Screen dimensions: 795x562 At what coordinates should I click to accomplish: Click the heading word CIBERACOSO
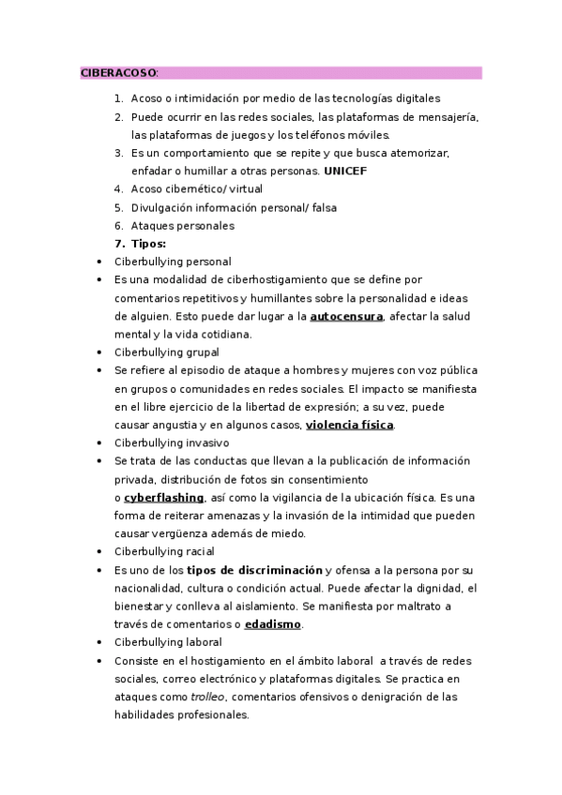pos(118,73)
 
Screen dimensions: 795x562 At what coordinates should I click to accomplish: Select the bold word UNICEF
pos(346,171)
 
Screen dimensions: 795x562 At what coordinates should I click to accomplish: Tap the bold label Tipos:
pos(149,244)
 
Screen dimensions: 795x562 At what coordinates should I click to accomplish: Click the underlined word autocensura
pos(346,316)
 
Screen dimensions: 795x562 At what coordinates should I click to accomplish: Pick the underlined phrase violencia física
pos(350,425)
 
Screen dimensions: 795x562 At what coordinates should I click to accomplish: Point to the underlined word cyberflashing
pos(163,498)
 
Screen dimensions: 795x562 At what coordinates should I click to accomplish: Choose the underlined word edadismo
pos(273,624)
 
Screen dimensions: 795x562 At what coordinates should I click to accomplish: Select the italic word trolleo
pos(208,697)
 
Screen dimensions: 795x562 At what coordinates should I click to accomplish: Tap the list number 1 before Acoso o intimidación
pos(118,98)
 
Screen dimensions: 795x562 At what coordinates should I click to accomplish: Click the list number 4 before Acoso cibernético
pos(118,189)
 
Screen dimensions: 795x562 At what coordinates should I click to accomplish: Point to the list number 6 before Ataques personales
pos(118,226)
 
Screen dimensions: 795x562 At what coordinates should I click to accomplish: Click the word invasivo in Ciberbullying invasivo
pos(207,442)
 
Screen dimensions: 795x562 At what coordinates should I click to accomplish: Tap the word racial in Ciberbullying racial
pos(199,552)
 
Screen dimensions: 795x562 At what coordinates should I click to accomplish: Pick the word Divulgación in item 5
pos(159,207)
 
